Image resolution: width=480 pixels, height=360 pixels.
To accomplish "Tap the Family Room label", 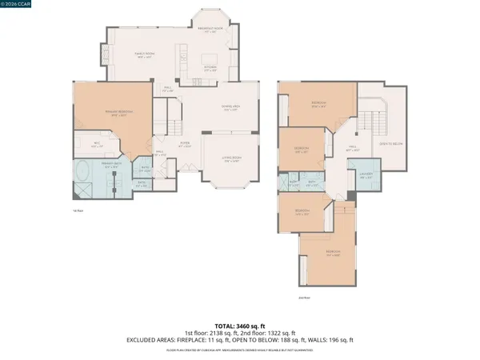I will [143, 55].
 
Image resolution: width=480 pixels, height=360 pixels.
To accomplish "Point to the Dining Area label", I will [231, 108].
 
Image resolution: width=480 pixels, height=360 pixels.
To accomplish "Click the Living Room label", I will [231, 158].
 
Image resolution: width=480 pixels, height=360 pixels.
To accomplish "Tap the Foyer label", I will [183, 144].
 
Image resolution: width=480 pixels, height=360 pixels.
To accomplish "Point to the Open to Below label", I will [390, 145].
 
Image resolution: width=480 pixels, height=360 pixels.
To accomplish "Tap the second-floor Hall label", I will [352, 148].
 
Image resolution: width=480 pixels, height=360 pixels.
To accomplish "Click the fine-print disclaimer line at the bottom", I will [239, 350].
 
